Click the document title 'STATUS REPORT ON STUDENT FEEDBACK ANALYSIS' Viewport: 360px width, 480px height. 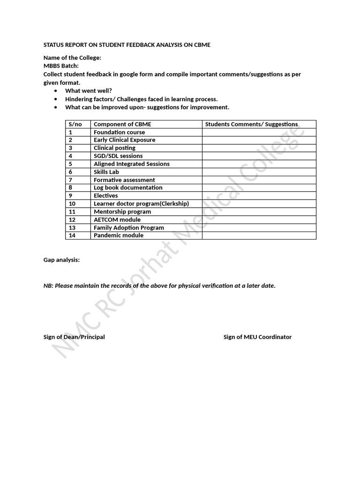(x=127, y=45)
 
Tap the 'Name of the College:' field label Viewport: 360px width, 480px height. (x=72, y=58)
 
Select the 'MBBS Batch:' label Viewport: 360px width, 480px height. (x=61, y=66)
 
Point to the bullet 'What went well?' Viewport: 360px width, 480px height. (x=89, y=90)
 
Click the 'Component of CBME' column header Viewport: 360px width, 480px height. (x=122, y=124)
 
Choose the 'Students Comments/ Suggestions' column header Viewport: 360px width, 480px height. (x=251, y=124)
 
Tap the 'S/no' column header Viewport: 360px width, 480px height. (x=75, y=124)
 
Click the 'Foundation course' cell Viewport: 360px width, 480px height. (x=119, y=132)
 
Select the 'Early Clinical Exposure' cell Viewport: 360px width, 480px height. (x=124, y=140)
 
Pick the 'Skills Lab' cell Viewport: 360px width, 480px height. (x=106, y=172)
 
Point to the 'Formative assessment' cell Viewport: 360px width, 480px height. (x=124, y=180)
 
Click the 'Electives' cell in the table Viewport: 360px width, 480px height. (x=106, y=195)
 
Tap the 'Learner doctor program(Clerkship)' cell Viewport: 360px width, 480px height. (x=141, y=203)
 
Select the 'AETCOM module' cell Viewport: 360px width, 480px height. (x=117, y=219)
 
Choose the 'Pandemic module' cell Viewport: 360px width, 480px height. (x=119, y=235)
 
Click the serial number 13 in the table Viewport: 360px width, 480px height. (x=72, y=227)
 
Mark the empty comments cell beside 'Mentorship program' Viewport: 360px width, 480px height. (x=259, y=211)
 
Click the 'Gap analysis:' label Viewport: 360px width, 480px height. (x=61, y=260)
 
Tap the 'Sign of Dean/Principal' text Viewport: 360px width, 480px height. (x=74, y=337)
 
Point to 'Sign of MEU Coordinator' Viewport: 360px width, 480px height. (x=257, y=337)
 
